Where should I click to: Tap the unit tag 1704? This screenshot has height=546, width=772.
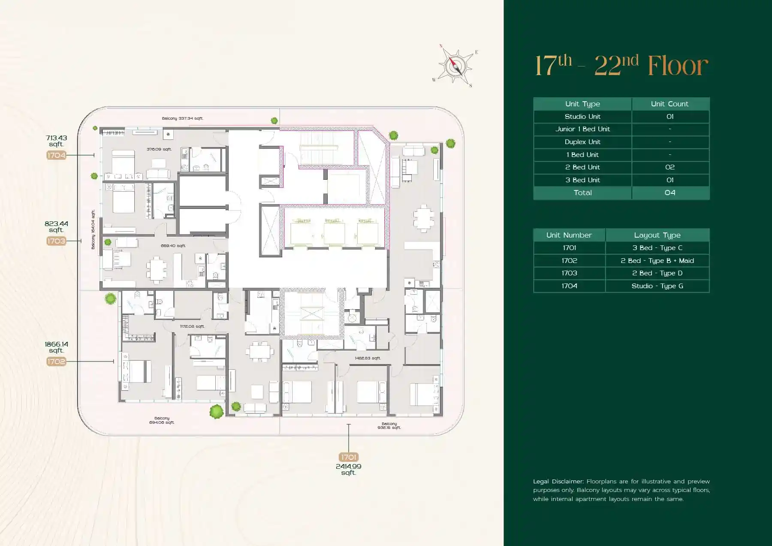56,155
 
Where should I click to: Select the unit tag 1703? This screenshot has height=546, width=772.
56,241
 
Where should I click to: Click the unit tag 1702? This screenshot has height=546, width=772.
56,362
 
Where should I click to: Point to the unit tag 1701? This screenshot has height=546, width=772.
348,457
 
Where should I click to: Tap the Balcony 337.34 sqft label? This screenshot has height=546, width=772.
182,118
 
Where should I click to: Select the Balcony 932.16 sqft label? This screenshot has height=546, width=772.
389,425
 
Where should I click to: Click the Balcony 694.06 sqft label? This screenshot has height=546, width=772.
162,420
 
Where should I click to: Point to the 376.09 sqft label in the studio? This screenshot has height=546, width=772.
159,149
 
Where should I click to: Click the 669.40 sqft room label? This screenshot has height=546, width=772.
173,246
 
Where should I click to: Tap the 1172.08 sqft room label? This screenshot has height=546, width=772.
192,326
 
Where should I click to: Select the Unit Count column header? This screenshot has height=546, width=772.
669,104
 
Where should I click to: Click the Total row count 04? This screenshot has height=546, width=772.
669,193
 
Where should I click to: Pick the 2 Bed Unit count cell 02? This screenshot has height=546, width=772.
669,167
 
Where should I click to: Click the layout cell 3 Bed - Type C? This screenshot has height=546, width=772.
657,248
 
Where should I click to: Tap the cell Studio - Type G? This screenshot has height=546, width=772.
657,286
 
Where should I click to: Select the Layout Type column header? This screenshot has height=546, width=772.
657,235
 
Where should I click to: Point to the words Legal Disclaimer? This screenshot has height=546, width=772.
558,481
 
